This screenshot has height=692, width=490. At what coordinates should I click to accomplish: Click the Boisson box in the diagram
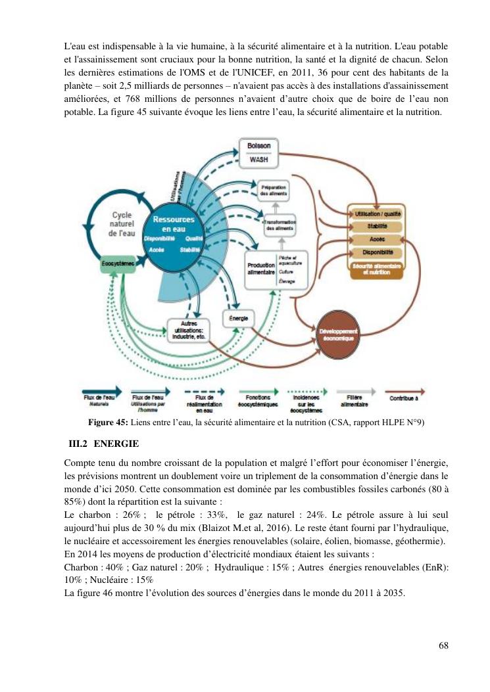click(x=258, y=147)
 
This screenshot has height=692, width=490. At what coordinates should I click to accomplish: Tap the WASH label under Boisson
click(x=258, y=159)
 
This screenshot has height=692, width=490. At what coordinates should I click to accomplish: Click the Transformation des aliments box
click(x=279, y=225)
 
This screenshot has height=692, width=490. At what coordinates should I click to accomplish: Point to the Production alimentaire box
click(x=260, y=269)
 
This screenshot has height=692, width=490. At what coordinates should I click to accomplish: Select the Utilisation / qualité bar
click(x=378, y=214)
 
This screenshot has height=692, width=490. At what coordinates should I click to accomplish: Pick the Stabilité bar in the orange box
click(x=378, y=227)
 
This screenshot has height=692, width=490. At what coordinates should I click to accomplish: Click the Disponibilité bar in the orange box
click(x=378, y=252)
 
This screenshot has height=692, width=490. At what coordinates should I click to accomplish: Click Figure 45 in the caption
click(x=105, y=423)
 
